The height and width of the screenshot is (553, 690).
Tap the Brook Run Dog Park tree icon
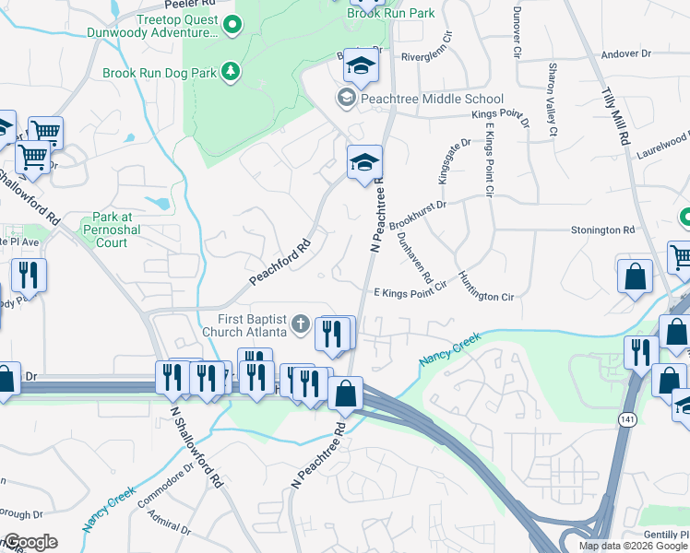point(230,71)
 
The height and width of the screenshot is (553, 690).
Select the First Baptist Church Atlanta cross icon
point(300,324)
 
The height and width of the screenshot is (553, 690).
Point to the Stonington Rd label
point(603,229)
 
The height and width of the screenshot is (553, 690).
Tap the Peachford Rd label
point(280,264)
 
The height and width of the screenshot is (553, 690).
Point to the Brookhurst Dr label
point(417,216)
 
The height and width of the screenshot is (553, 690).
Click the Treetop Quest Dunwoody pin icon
point(231,26)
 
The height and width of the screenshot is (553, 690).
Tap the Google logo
point(30,542)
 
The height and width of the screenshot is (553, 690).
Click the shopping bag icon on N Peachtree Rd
point(345,394)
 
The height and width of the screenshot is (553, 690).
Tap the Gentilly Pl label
point(664,535)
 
